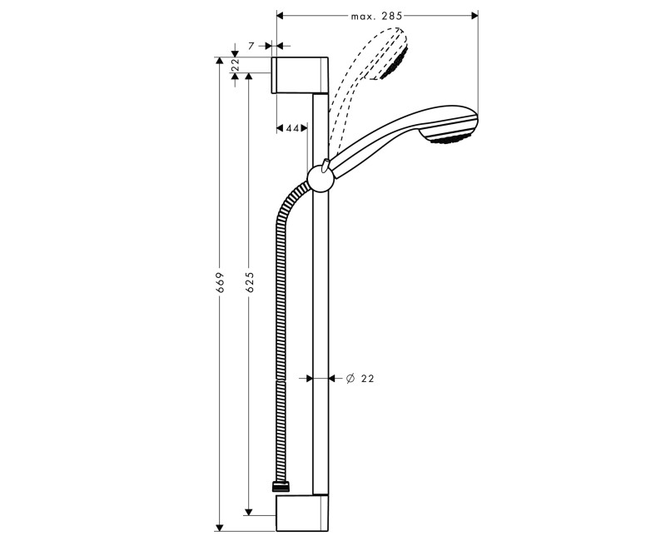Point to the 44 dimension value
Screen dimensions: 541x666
(x=292, y=128)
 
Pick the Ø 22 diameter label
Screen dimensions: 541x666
(x=360, y=378)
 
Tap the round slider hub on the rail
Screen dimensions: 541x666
(x=320, y=177)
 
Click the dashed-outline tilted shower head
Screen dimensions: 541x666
(x=387, y=55)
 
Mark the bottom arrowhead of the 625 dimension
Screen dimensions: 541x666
(x=249, y=511)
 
